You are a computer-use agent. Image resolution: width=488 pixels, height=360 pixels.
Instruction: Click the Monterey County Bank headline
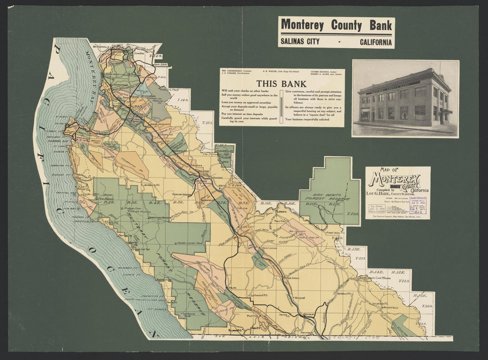click(336, 25)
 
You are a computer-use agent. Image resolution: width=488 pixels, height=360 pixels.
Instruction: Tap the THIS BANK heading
click(281, 83)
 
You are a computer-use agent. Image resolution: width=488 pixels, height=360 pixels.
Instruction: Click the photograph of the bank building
click(405, 99)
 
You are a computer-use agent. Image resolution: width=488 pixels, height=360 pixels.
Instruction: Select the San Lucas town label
click(269, 248)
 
